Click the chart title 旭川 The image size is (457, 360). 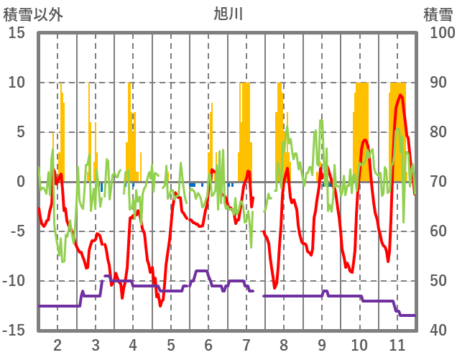tap(228, 14)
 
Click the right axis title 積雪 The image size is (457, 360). tap(437, 14)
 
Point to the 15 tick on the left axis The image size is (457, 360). tap(17, 33)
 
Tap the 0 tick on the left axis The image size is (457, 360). tap(21, 182)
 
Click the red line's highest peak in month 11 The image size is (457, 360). tap(400, 95)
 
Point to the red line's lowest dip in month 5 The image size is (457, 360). tap(161, 305)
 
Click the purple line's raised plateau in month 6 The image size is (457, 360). tap(201, 271)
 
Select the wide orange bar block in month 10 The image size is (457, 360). tap(361, 129)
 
